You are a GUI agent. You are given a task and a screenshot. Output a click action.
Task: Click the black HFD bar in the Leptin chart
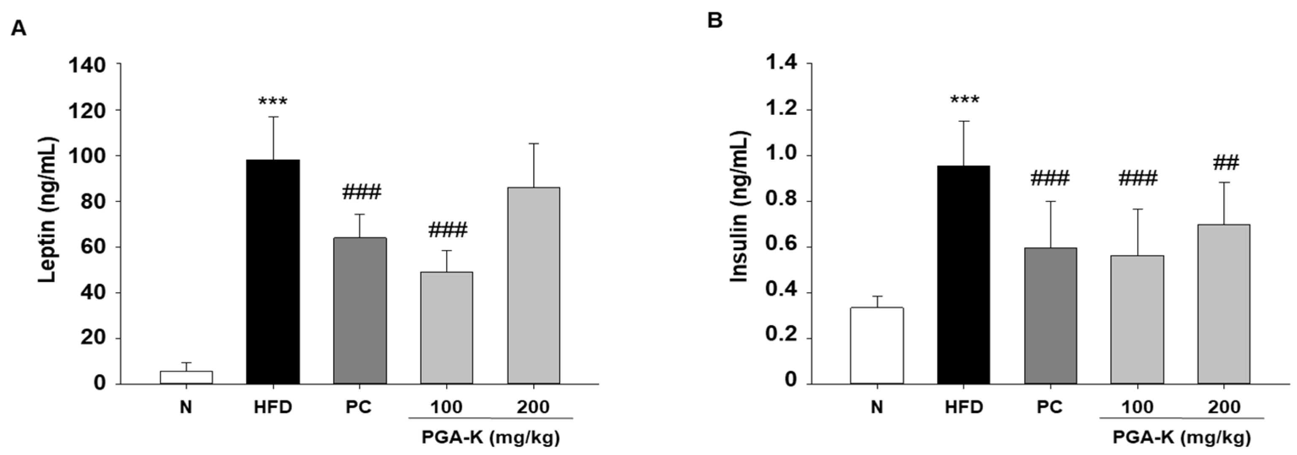point(273,272)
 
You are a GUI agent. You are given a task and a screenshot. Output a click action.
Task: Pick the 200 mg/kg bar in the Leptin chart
point(533,285)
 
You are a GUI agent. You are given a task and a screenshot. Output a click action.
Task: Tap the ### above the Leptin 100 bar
point(448,230)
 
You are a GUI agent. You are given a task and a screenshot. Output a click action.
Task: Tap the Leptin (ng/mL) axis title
point(49,210)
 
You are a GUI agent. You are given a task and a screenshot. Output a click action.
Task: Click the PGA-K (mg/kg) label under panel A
point(491,437)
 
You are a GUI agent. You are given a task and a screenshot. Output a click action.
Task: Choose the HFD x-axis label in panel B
point(964,406)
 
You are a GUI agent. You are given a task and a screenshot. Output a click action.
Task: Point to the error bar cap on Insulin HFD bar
point(964,121)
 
